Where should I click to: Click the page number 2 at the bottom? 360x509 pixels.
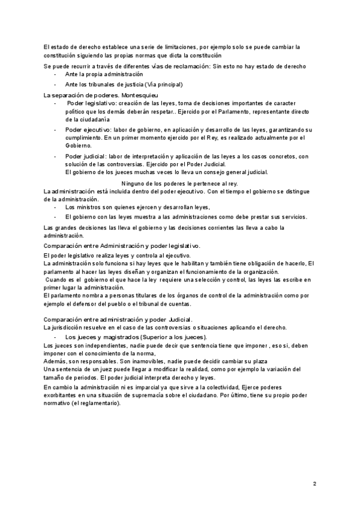point(314,483)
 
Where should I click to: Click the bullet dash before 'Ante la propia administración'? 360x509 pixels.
point(55,74)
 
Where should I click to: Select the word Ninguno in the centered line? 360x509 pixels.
point(134,183)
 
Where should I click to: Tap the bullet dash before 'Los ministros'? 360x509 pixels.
point(55,206)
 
